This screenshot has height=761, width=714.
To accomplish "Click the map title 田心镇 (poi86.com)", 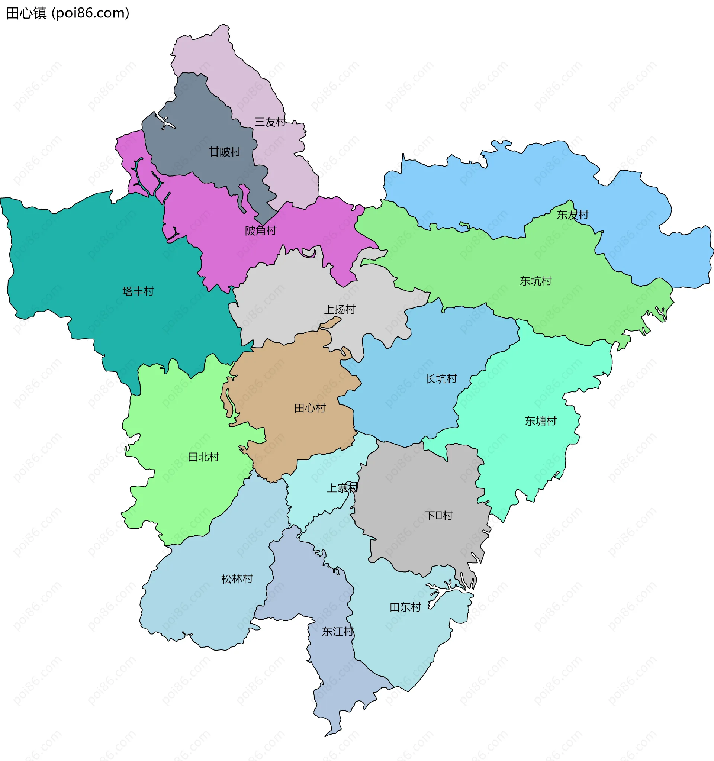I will pos(68,13).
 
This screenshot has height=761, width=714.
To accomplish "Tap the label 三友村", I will pos(270,122).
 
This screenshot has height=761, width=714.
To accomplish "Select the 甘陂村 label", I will pos(225,152).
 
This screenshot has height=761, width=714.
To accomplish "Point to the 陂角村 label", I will pos(261,230).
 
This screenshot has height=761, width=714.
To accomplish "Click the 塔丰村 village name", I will pos(138,291).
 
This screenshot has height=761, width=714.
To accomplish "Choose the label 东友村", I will pos(573,215).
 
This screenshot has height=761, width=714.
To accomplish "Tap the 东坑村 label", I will pos(536,281).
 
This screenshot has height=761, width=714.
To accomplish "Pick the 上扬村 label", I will pos(340,309).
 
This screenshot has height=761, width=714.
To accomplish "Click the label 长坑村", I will pos(441,378).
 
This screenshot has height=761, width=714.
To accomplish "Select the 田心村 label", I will pos(310,408).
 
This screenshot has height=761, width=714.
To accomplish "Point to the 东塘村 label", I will pos(541,421).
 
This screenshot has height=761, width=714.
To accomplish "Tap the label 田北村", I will pos(204,457).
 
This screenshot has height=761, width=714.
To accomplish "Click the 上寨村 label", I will pos(342,488).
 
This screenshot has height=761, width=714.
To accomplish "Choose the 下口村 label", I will pos(439,515).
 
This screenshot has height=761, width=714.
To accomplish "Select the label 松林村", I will pos(237,579).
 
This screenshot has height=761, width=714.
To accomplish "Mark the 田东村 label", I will pos(405,607).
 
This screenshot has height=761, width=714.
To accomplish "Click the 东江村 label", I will pos(338,632).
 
